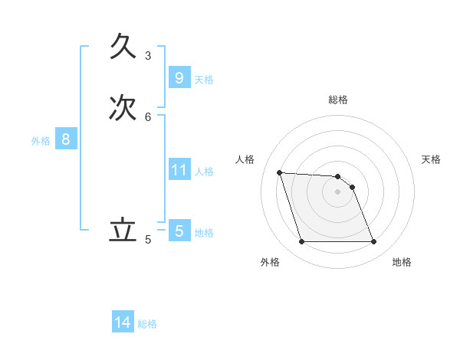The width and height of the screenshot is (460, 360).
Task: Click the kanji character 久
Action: click(x=123, y=47)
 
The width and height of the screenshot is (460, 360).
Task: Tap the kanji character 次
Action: click(x=123, y=108)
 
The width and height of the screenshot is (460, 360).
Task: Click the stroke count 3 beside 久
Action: click(x=148, y=55)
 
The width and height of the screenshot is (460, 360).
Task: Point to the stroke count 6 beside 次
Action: click(x=148, y=116)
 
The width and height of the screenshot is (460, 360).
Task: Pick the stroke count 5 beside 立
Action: click(x=148, y=240)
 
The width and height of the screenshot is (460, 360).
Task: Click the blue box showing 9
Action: click(x=179, y=78)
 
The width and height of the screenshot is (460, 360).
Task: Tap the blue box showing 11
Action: click(x=179, y=170)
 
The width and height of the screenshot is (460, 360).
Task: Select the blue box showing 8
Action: click(x=66, y=139)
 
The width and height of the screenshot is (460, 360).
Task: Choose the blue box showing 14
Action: click(x=123, y=323)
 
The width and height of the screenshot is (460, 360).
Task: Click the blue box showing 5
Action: click(x=179, y=231)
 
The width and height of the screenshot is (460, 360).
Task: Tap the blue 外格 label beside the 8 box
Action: click(x=41, y=141)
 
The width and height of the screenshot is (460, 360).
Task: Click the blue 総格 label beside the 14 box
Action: click(x=147, y=325)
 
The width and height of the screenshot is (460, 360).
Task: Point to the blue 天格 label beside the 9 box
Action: click(x=204, y=80)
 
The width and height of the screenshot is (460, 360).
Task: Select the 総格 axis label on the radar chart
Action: click(x=338, y=100)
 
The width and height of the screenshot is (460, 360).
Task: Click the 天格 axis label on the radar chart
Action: click(x=431, y=159)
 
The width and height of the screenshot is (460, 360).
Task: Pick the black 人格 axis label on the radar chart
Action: click(x=245, y=159)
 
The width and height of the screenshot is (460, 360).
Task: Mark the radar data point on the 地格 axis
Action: click(x=373, y=242)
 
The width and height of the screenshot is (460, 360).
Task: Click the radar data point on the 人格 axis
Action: click(x=280, y=173)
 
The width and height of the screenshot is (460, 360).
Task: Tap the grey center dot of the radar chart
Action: click(x=338, y=191)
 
